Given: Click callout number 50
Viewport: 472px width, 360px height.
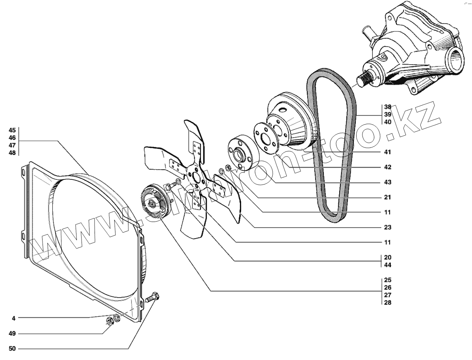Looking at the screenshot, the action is (x=12, y=349).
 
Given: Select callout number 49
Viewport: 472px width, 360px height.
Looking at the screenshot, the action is (x=12, y=334).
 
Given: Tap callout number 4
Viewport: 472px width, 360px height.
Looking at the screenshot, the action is (x=13, y=317).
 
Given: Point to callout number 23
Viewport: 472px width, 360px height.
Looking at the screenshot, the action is (x=387, y=228).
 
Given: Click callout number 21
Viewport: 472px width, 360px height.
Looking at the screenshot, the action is (x=387, y=197).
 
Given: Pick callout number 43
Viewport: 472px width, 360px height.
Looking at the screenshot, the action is (x=387, y=182).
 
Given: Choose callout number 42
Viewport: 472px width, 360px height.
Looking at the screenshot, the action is (x=387, y=167).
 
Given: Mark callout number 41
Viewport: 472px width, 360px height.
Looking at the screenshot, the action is (x=387, y=152).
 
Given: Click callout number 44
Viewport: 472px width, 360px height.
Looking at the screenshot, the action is (x=387, y=265).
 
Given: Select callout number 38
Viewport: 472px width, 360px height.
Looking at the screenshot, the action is (x=387, y=107).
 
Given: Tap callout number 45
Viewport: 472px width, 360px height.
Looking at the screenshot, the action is (x=12, y=130).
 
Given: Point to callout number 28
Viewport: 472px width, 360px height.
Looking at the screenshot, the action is (x=387, y=302).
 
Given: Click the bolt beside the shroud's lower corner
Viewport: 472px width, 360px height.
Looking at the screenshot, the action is (x=152, y=298).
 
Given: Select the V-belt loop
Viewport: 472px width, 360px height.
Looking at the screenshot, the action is (x=331, y=146).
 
